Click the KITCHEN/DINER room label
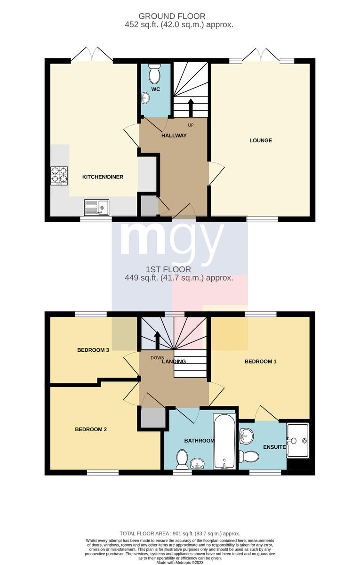(103, 177)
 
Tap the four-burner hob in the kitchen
(59, 176)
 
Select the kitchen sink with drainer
(96, 208)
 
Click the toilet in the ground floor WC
(154, 73)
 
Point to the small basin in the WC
(145, 98)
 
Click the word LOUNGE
(261, 140)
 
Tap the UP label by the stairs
(191, 125)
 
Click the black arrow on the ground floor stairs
(191, 108)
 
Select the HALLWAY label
(174, 136)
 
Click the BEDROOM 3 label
(93, 350)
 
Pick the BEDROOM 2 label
(91, 429)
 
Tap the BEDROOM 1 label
(260, 362)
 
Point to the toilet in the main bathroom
(182, 460)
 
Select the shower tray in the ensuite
(298, 441)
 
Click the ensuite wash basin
(246, 436)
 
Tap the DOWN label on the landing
(158, 358)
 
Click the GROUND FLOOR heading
(172, 16)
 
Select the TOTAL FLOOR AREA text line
(180, 534)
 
